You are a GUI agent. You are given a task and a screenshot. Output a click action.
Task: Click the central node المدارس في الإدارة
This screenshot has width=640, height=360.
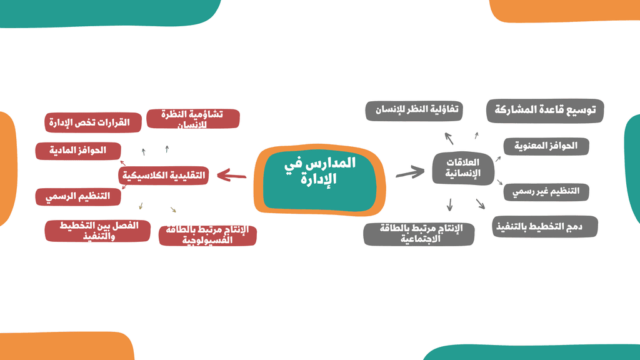tap(319, 179)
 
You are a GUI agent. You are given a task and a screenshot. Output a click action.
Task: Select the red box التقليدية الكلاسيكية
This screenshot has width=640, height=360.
tap(164, 176)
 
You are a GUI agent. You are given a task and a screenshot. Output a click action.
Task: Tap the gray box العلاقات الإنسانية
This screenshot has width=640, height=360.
tap(463, 168)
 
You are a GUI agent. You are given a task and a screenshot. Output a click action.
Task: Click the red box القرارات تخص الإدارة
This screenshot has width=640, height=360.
tap(93, 122)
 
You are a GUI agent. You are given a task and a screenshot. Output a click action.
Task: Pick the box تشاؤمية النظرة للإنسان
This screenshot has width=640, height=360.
tap(193, 119)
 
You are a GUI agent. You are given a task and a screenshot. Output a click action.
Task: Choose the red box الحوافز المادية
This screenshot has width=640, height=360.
tap(78, 151)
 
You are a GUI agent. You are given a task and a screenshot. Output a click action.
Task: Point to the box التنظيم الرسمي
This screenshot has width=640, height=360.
tap(78, 197)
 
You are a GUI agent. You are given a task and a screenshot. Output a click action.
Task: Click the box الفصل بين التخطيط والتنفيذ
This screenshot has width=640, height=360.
tap(97, 231)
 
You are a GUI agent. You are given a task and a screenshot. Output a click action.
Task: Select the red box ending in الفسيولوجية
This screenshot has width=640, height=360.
tap(207, 236)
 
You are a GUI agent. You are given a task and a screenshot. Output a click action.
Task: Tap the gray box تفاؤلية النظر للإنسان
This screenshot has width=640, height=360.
tap(414, 111)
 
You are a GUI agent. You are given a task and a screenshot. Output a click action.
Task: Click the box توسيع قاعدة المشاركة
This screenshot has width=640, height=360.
tap(545, 111)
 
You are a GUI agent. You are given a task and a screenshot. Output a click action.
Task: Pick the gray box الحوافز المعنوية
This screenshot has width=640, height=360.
tap(546, 146)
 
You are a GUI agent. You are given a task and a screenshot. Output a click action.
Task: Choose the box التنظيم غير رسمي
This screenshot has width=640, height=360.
tap(546, 192)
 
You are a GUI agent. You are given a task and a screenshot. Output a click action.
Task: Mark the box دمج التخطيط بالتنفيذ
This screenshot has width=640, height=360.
tap(545, 226)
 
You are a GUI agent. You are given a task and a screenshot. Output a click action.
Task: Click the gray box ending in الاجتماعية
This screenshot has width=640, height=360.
tap(419, 234)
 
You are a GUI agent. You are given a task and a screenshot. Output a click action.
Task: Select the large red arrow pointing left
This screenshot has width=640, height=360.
tap(231, 176)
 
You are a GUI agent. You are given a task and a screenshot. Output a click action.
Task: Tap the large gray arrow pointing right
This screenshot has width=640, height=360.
tap(410, 172)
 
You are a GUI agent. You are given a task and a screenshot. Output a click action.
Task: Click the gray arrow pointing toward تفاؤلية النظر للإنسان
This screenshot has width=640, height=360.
tap(449, 138)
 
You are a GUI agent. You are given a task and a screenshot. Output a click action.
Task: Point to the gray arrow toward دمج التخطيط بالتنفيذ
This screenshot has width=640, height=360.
tap(481, 204)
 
